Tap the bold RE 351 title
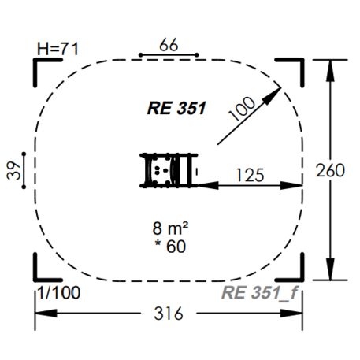coord(176,108)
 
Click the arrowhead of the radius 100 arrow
coord(276,91)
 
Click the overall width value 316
coord(168,314)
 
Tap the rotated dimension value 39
coord(15,170)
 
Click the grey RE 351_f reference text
coord(258,293)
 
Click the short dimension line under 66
coord(169,55)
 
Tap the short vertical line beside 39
coord(26,170)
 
